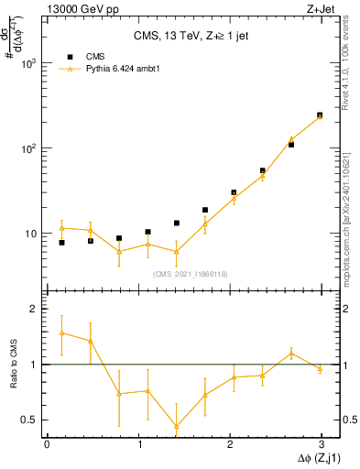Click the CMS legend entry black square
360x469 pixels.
(70, 57)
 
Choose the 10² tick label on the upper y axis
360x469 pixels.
(30, 148)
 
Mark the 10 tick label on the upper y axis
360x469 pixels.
(32, 234)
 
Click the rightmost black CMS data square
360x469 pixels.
(320, 115)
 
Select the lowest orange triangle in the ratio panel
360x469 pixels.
(176, 426)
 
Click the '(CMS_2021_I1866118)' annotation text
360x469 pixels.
(191, 274)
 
